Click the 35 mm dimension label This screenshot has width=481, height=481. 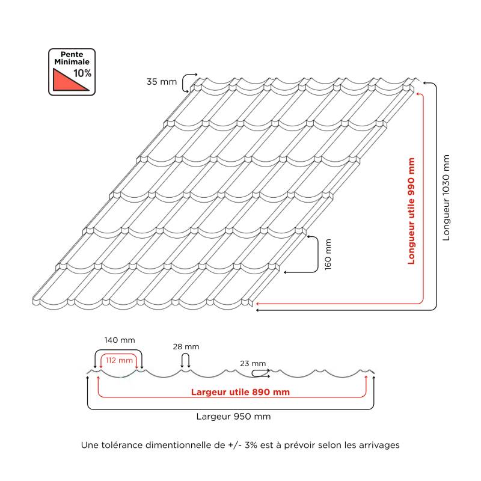tap(162, 82)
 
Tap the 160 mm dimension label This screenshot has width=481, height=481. tap(328, 254)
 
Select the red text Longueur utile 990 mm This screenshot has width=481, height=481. tap(411, 211)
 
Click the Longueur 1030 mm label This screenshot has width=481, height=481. tap(446, 198)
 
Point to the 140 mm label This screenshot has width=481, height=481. tap(120, 340)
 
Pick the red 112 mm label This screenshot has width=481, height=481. tap(119, 360)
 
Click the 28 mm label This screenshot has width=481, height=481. tap(186, 347)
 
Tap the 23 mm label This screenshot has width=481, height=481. tap(253, 364)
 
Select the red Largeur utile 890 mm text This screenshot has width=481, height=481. tap(240, 392)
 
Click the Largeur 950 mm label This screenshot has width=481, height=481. tap(233, 417)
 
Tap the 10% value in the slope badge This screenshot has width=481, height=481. tap(82, 73)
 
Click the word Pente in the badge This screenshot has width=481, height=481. tap(72, 54)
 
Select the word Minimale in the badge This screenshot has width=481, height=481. tap(72, 62)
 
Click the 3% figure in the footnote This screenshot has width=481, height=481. tap(251, 445)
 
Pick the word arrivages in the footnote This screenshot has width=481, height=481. tap(381, 446)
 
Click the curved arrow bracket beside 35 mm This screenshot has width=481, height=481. tap(186, 82)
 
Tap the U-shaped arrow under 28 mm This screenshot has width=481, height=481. tap(185, 360)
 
